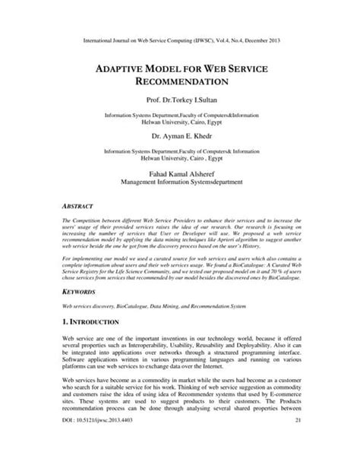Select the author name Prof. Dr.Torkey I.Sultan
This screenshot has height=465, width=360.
click(x=180, y=100)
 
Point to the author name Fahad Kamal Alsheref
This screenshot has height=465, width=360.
click(x=180, y=174)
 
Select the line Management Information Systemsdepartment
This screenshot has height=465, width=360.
click(x=180, y=183)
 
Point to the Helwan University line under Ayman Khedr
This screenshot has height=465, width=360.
click(x=180, y=159)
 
